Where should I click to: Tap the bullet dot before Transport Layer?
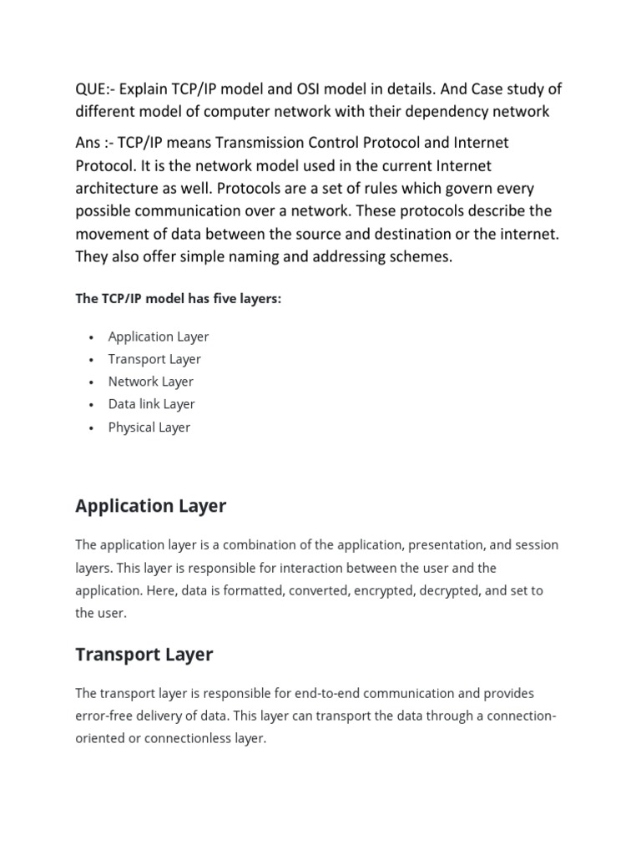click(90, 360)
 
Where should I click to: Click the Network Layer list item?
click(150, 382)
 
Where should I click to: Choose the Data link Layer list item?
click(151, 404)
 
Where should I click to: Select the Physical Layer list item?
click(149, 427)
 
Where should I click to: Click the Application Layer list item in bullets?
click(158, 336)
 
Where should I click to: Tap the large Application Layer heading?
click(150, 506)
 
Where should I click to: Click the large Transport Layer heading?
click(144, 655)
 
